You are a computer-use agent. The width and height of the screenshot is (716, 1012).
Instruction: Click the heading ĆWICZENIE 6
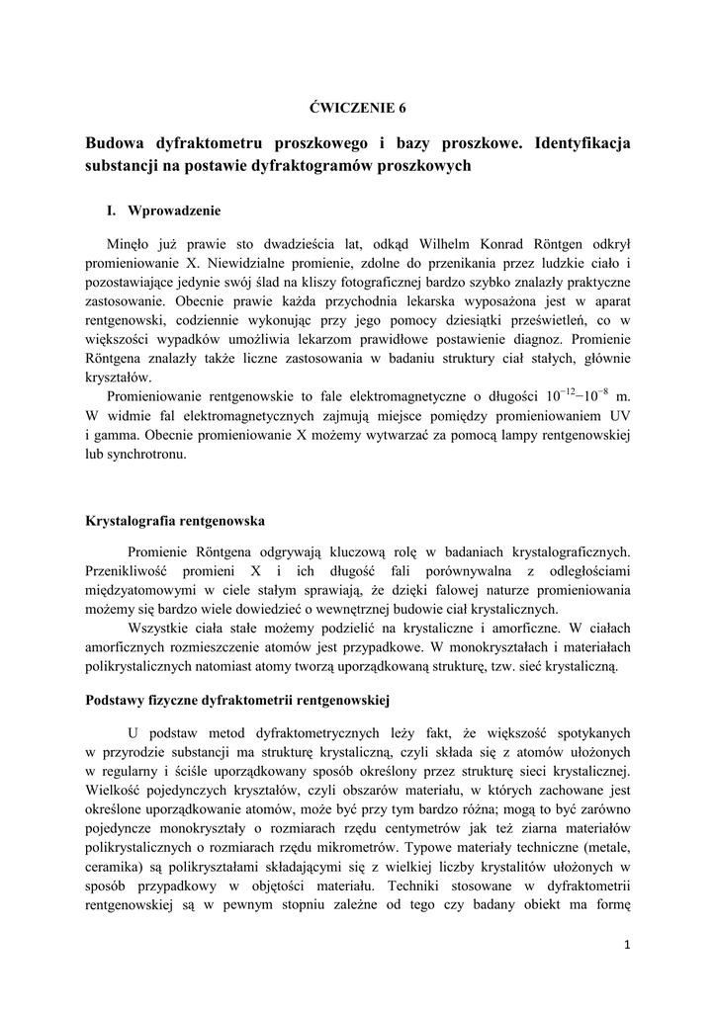(358, 107)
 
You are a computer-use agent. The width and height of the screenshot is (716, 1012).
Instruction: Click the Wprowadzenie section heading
(174, 211)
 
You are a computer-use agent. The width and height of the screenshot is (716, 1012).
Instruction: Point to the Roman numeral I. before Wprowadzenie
(112, 211)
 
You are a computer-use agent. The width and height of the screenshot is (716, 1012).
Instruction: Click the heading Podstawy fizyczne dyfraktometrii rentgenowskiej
(238, 703)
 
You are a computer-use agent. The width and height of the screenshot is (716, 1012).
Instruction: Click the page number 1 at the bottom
(627, 946)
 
